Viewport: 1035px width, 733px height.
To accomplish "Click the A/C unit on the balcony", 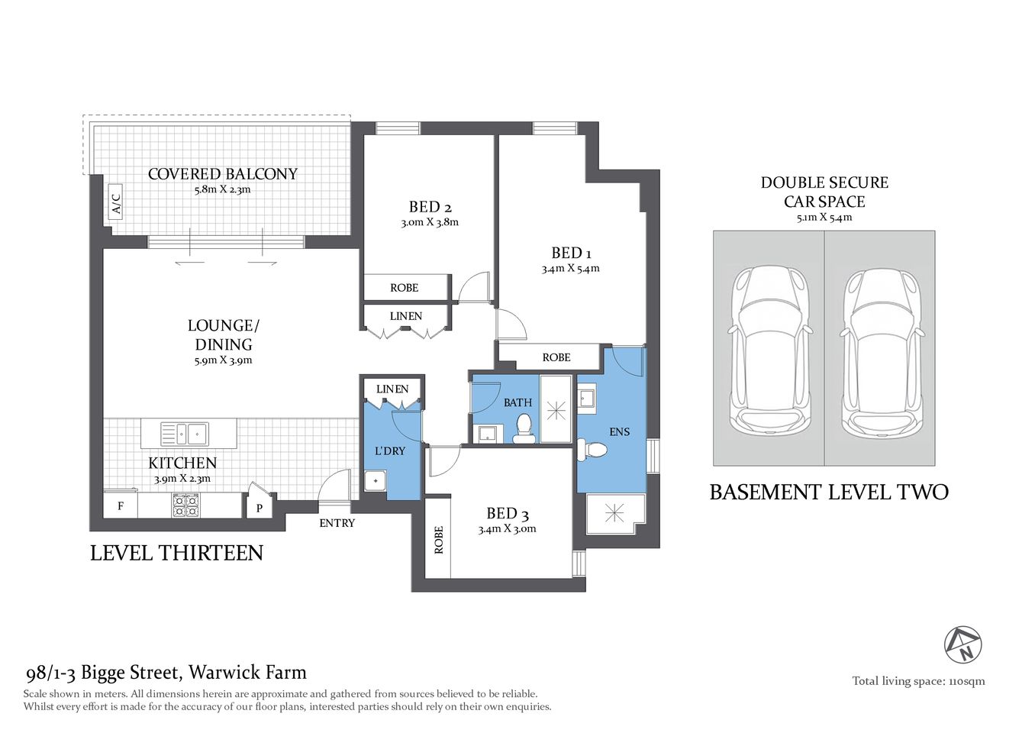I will coord(116,202).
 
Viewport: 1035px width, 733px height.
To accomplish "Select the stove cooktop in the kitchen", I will coord(185,505).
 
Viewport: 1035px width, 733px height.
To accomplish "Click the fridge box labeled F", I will coord(121,505).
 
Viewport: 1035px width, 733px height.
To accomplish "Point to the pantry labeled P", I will coord(260,506).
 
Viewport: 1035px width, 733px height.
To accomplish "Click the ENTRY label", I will coord(337,523).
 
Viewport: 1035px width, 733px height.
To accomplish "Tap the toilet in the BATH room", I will coord(524,429).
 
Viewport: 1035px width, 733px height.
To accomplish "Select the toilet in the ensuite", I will coord(592,449).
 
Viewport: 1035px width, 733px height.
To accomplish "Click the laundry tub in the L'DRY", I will coord(375,481).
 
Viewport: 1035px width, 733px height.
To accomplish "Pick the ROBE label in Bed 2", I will coord(404,288).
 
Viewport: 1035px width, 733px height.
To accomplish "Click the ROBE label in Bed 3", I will coord(438,539).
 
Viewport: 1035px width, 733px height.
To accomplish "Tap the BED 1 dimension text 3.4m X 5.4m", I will coord(570,269).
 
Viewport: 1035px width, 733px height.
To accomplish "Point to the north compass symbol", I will coord(963,644).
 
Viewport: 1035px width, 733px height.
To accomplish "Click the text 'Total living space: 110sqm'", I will coord(918,681).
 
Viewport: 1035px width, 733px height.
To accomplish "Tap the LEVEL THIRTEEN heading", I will coord(176,553).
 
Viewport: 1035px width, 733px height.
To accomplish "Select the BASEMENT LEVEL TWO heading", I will coord(829,492).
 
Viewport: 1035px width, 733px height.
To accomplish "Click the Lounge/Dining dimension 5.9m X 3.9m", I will coord(223,360).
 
